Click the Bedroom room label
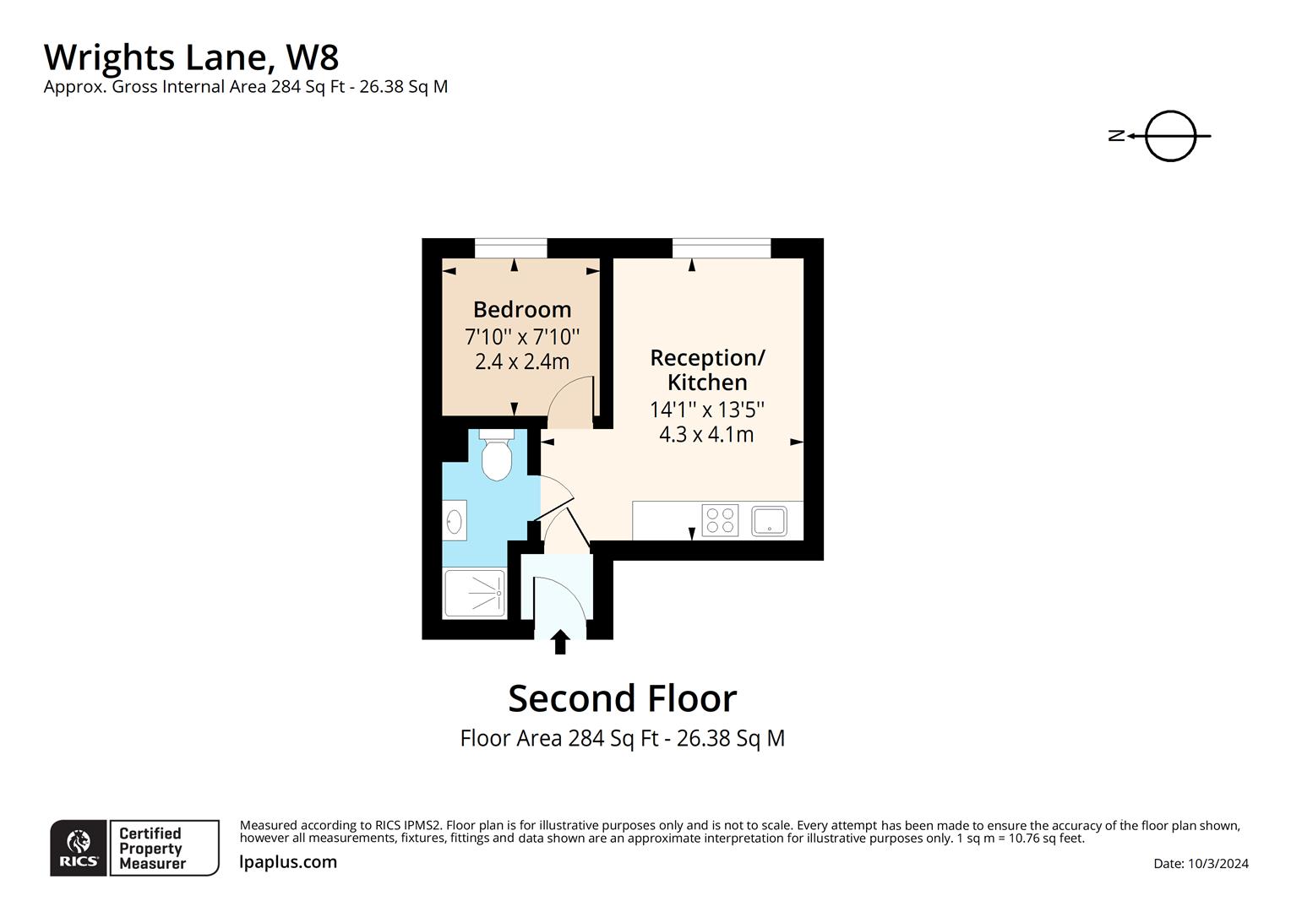522,309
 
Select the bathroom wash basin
454,520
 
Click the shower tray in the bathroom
474,594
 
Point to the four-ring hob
720,520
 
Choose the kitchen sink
769,520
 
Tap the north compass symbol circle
1170,135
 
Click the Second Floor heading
622,698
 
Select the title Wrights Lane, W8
192,57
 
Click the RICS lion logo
79,847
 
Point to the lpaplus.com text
288,862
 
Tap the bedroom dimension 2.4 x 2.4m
522,362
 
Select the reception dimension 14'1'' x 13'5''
707,410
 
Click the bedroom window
510,248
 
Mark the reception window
722,248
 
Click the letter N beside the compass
1117,135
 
